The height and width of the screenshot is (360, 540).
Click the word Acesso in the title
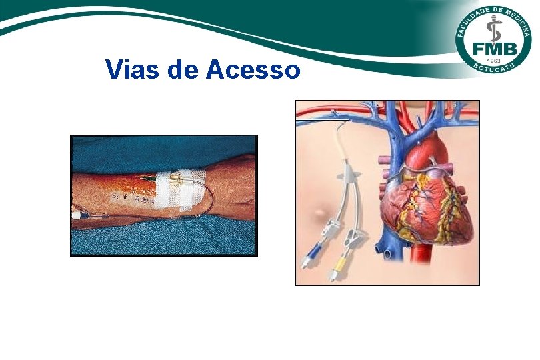coord(253,69)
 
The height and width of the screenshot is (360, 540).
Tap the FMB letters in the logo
coord(493,49)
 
